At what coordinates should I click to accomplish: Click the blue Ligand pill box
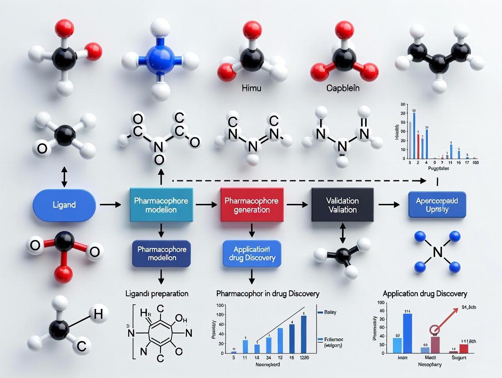pos(64,205)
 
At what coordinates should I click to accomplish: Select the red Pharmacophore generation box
pos(252,205)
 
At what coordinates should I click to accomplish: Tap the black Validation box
pos(342,205)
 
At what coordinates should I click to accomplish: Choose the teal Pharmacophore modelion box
pos(161,205)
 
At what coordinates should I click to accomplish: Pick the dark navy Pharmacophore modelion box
pos(161,254)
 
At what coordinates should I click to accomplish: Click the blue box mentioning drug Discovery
pos(251,254)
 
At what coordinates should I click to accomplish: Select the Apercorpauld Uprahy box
pos(437,204)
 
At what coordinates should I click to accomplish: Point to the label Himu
pos(252,88)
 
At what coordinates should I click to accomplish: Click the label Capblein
pos(343,88)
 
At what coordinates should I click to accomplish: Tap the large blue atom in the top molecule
pos(161,60)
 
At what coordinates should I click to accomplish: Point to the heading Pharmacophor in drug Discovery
pos(267,293)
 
